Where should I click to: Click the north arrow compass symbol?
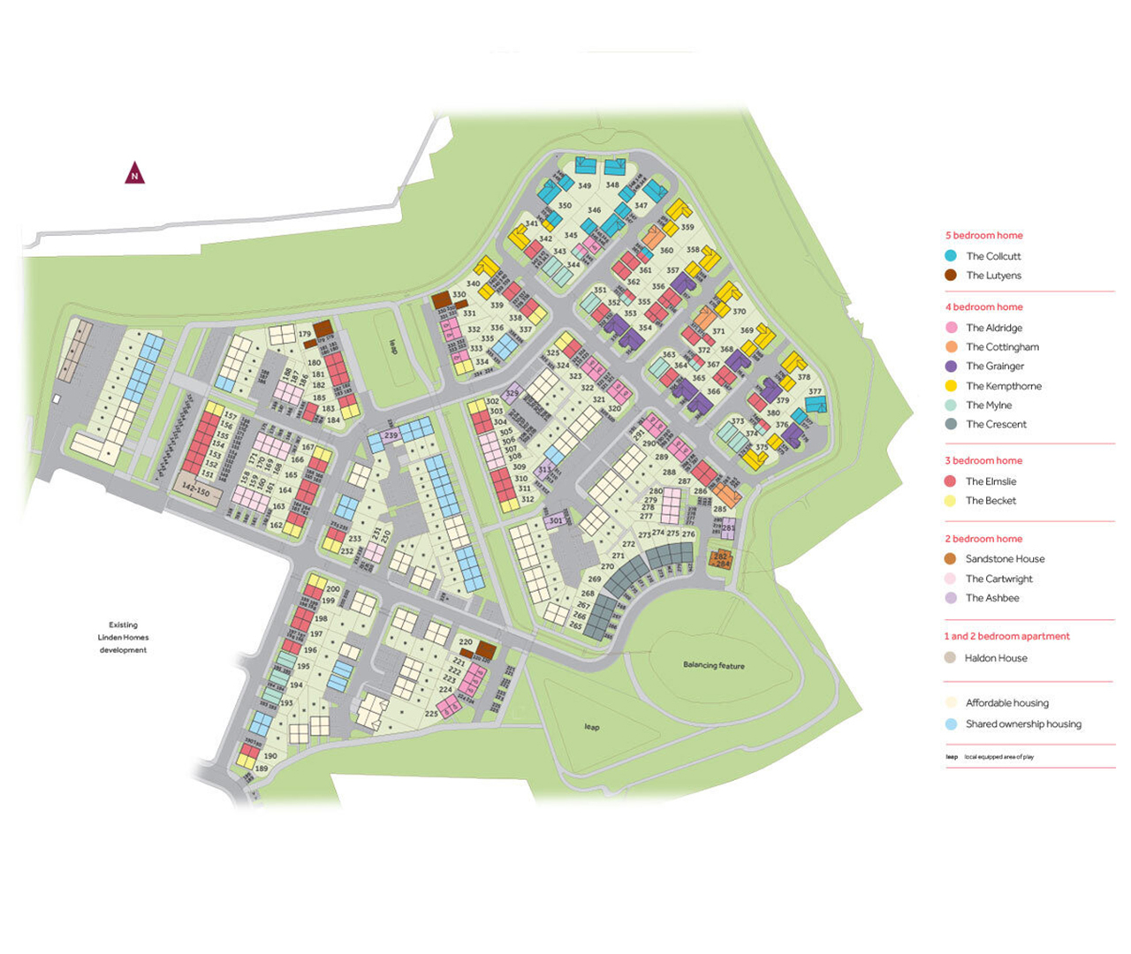point(134,174)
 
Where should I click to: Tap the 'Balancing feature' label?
point(713,665)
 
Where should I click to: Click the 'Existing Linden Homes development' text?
point(123,637)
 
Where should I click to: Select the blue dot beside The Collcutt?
point(951,255)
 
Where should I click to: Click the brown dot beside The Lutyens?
point(951,275)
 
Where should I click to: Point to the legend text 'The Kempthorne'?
point(1003,386)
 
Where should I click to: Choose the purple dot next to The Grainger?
point(951,366)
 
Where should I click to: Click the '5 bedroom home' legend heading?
point(983,236)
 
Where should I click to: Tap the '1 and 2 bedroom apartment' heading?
point(1006,636)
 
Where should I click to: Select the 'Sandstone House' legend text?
point(1005,559)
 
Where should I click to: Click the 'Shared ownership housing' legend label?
point(1023,724)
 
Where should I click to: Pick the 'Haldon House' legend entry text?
point(996,658)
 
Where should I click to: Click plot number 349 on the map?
point(585,186)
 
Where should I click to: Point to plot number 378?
point(803,377)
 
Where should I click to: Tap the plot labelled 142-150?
point(195,490)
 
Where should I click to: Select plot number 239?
point(391,435)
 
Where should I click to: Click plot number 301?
point(555,521)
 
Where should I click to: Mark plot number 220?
point(466,642)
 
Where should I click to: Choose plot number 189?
point(262,768)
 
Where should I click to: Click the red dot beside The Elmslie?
point(951,481)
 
